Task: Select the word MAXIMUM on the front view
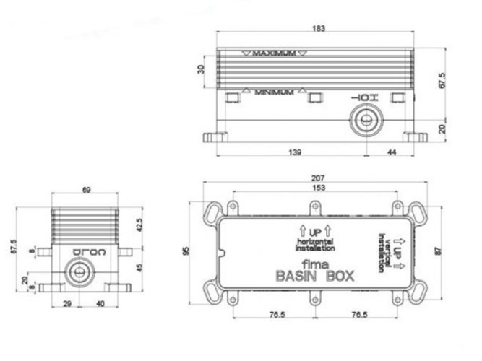click(x=275, y=53)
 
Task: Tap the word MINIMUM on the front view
click(x=273, y=92)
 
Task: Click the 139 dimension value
click(x=294, y=152)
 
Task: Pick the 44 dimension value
click(x=391, y=152)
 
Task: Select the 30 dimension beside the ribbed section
click(x=202, y=69)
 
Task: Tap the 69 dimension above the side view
click(x=86, y=190)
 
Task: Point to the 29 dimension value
click(x=66, y=304)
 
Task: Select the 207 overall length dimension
click(x=319, y=178)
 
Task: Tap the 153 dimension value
click(x=319, y=188)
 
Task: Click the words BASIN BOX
click(x=314, y=275)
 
